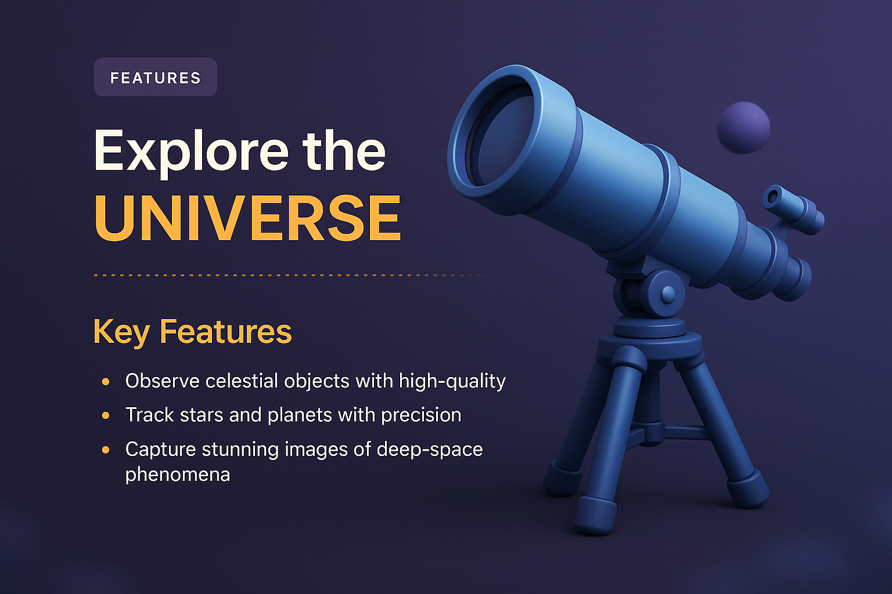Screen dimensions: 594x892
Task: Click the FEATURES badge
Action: (155, 77)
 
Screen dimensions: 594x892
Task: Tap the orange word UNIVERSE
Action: (247, 219)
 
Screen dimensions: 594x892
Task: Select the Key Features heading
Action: (192, 332)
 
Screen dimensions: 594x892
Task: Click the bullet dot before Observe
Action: (106, 382)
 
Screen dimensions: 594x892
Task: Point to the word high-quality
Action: (452, 381)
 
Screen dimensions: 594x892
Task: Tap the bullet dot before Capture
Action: (106, 450)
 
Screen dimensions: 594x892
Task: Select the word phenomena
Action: (178, 475)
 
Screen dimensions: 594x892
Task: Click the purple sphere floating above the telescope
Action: (743, 128)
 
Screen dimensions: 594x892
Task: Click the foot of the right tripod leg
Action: (749, 490)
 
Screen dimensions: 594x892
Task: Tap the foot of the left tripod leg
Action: (561, 479)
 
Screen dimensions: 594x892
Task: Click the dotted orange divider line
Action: (290, 276)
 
